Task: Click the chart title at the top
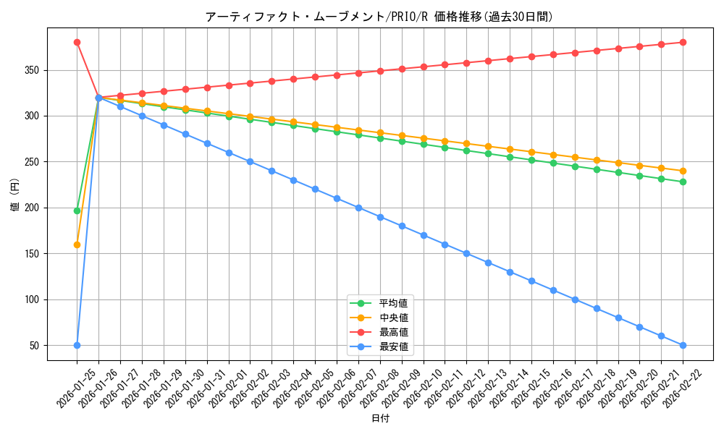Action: pyautogui.click(x=379, y=17)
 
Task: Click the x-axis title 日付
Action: pyautogui.click(x=380, y=419)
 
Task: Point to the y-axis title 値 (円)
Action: pyautogui.click(x=14, y=195)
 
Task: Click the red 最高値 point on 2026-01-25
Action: pyautogui.click(x=77, y=42)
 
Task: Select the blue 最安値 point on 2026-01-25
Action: pyautogui.click(x=77, y=345)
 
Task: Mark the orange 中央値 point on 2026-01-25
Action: pyautogui.click(x=77, y=244)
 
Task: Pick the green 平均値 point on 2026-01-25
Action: pyautogui.click(x=77, y=210)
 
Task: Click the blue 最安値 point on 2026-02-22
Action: pyautogui.click(x=683, y=345)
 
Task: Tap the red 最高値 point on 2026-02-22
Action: pyautogui.click(x=683, y=42)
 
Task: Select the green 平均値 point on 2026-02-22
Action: pyautogui.click(x=683, y=182)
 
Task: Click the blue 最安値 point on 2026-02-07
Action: pyautogui.click(x=358, y=208)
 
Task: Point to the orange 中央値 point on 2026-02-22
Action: pyautogui.click(x=683, y=171)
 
